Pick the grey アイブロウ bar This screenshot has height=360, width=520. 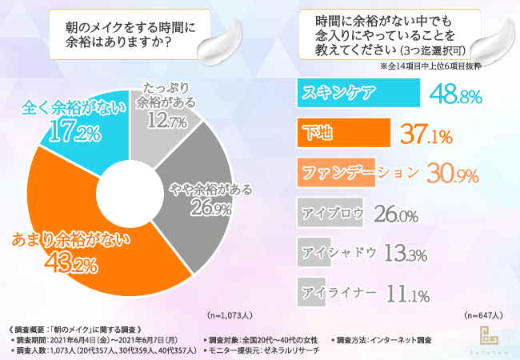pyautogui.click(x=332, y=213)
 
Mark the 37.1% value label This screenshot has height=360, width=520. pyautogui.click(x=426, y=133)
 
